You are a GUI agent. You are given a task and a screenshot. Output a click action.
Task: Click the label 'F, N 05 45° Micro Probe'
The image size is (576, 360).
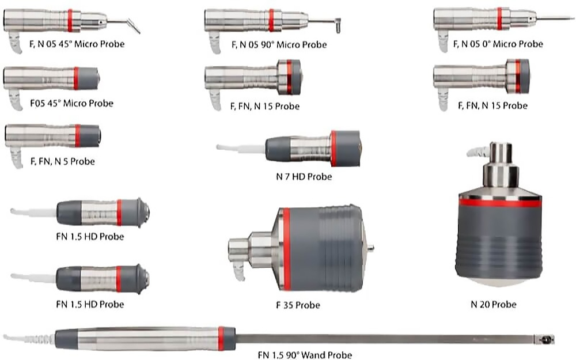click(77, 44)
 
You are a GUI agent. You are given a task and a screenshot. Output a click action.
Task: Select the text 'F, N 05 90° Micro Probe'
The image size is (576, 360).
click(278, 44)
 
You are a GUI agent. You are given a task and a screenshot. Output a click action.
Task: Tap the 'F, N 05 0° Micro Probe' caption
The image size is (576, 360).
click(498, 44)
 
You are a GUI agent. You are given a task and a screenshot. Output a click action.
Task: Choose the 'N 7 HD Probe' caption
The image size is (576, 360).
click(304, 176)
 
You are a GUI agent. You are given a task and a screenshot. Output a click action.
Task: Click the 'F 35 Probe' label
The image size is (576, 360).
click(298, 304)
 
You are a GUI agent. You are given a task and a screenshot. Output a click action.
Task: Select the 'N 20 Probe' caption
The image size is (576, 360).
click(493, 304)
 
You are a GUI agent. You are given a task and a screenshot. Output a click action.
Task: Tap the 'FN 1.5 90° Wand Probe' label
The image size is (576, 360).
click(305, 355)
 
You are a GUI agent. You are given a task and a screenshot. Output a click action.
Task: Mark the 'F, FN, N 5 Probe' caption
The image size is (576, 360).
click(62, 161)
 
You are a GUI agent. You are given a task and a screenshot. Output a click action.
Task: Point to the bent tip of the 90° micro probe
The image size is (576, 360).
click(338, 24)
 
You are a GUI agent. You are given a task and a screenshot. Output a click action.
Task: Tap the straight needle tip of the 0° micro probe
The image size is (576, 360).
click(556, 18)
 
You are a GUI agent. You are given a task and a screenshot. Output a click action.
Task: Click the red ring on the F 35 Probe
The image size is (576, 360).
click(286, 249)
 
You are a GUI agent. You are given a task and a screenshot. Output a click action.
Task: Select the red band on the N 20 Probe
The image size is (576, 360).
click(499, 202)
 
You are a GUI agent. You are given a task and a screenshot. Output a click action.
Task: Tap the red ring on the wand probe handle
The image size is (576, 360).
click(221, 339)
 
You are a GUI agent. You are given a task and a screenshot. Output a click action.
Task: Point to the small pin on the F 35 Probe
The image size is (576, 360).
click(370, 249)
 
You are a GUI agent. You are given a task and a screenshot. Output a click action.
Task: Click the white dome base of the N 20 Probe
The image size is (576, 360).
click(498, 282)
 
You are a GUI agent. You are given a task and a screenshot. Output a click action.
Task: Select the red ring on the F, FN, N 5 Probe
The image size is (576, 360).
click(77, 135)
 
